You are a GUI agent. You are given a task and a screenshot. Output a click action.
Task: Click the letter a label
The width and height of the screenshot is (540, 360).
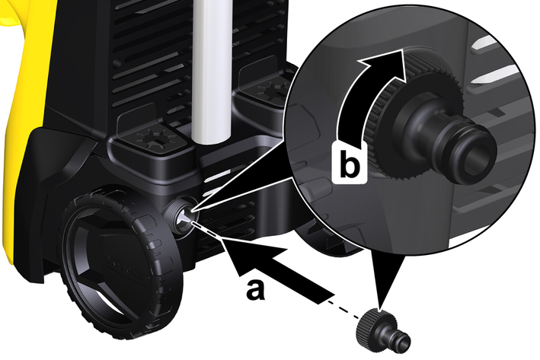coord(256,290)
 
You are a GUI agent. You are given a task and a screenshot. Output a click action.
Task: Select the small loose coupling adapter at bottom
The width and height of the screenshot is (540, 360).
coord(383,331)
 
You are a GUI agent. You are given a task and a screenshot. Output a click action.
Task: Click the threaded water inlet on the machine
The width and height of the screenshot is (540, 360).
coord(180,216)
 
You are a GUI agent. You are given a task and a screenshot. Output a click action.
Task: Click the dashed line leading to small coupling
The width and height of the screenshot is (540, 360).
coord(344,308)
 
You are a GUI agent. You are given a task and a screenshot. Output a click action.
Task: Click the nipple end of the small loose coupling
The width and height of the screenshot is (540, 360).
coord(402,342)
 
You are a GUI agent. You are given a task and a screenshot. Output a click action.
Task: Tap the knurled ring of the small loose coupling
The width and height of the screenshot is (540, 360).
coord(370,325)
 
